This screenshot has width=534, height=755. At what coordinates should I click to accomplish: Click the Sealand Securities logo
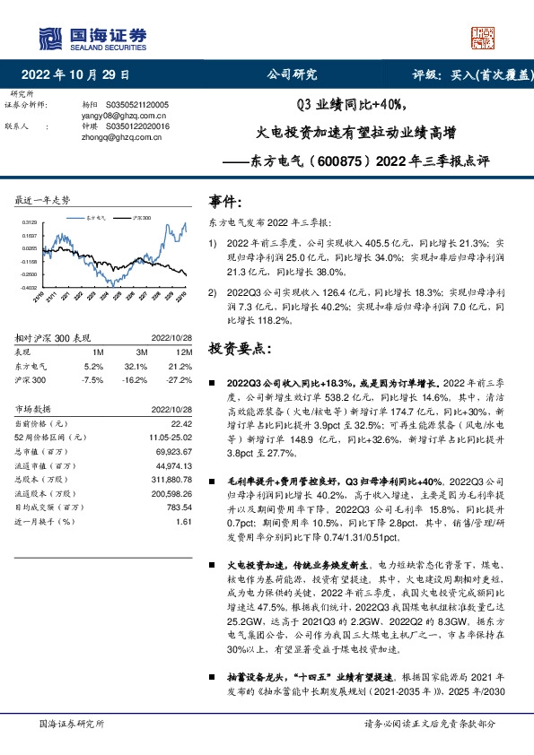[91, 37]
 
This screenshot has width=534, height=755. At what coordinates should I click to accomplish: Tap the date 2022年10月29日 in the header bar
[75, 74]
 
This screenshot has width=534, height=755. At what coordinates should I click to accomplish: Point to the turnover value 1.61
[185, 521]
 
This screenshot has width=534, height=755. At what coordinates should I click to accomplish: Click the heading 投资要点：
[238, 346]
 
